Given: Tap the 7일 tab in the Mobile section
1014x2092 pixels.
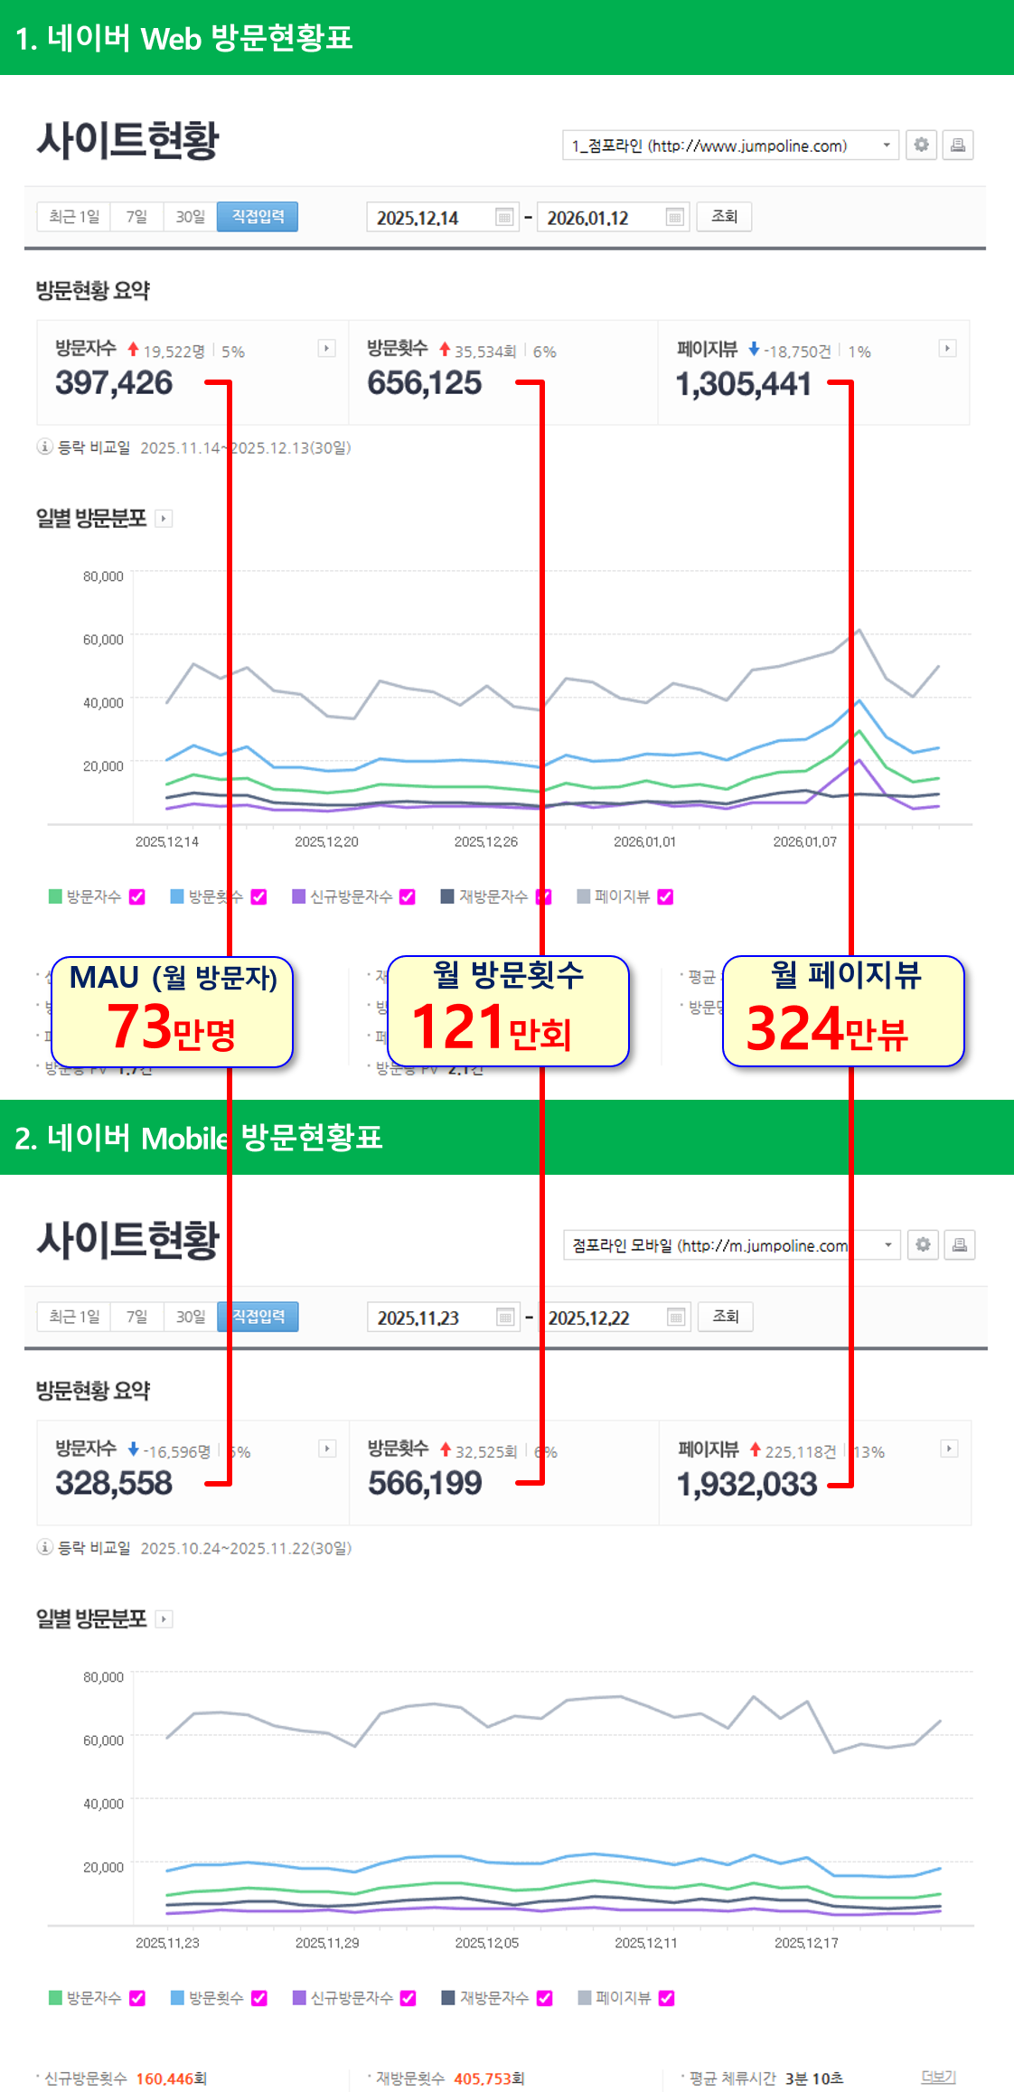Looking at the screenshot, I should [x=136, y=1317].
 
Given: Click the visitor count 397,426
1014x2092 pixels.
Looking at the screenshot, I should [x=114, y=383].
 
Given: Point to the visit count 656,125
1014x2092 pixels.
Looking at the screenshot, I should [x=425, y=383].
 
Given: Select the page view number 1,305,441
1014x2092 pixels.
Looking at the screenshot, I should [x=743, y=384].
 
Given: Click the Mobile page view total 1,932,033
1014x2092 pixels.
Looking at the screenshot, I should [x=746, y=1484].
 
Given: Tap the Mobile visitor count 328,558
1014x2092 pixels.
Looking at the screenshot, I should [x=114, y=1483].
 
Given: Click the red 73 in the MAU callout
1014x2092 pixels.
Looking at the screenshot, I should [x=139, y=1027].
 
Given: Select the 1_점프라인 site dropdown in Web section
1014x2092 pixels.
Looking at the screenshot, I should [x=729, y=145].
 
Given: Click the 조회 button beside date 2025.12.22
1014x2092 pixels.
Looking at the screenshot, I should [x=726, y=1317].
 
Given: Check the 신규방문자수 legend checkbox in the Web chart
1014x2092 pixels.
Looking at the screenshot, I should [x=408, y=896].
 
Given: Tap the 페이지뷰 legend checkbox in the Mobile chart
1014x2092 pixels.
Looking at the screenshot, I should [x=667, y=1997].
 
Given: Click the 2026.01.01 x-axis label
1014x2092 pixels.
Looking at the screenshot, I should [x=644, y=841].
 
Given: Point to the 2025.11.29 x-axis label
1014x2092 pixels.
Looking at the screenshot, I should [x=327, y=1942].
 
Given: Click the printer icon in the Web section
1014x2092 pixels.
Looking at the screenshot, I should [x=958, y=145].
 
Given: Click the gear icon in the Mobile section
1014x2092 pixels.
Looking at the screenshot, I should [x=923, y=1244].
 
